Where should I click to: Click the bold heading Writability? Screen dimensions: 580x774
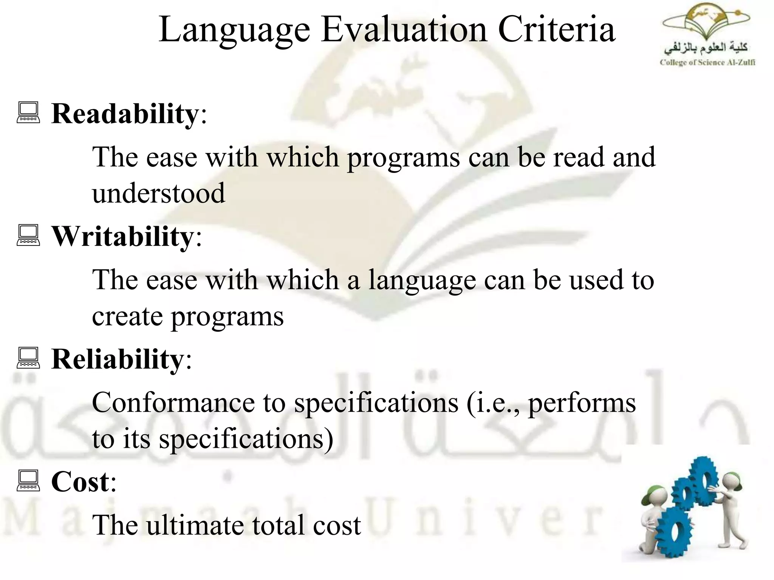[x=122, y=236]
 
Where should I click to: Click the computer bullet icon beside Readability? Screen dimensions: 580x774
[x=28, y=113]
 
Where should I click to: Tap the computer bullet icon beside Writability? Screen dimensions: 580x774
[x=28, y=235]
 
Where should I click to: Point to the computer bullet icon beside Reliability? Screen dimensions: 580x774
[x=28, y=358]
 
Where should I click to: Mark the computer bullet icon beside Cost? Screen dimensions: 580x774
[x=28, y=481]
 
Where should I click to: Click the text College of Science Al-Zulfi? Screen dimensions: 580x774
[x=707, y=63]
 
